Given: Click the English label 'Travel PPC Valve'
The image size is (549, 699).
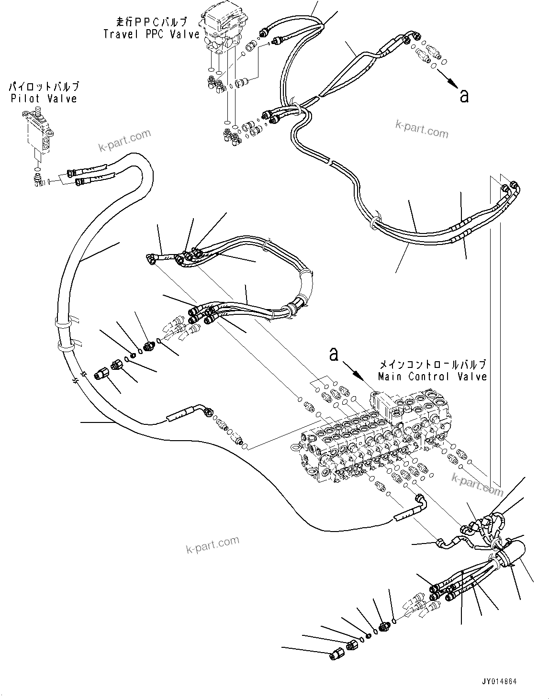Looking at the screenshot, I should tap(151, 34).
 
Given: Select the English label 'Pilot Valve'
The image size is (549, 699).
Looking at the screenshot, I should tap(44, 99).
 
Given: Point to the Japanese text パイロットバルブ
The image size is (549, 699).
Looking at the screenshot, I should tap(44, 87).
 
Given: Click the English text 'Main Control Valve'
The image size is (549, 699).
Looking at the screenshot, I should tap(432, 377).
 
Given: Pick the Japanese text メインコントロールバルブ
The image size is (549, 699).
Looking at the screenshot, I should tap(432, 365).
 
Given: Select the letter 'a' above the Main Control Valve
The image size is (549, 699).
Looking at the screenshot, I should tap(334, 354).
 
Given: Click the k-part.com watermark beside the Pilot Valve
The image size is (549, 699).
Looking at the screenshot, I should tap(124, 139).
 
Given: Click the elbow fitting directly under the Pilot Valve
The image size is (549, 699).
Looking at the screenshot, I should tap(38, 180).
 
